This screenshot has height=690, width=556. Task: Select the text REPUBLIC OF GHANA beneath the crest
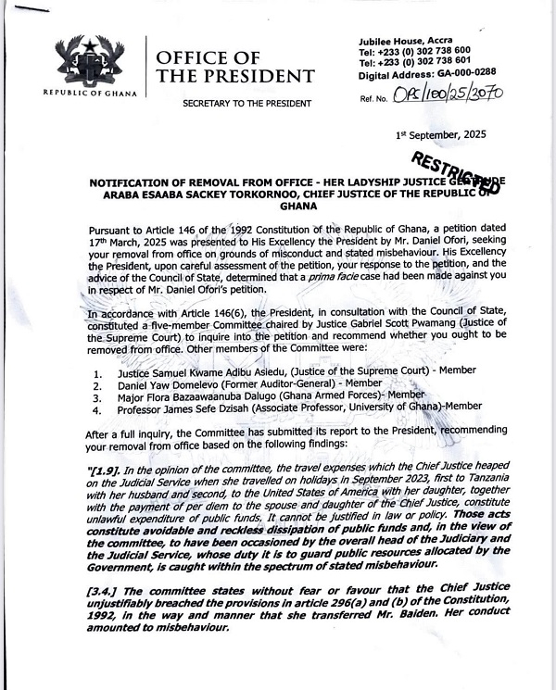coord(91,93)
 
